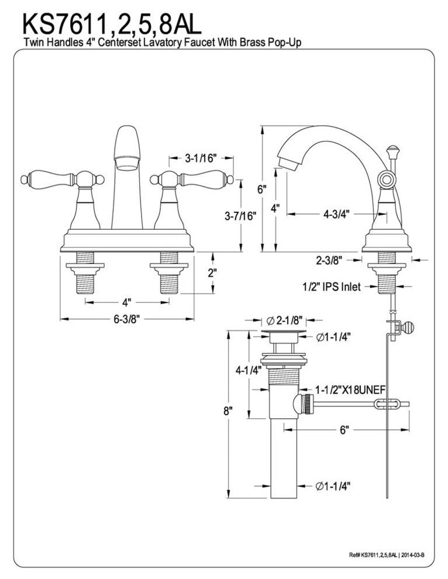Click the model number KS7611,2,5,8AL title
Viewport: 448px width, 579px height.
point(112,24)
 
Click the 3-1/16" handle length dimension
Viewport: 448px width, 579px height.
point(200,158)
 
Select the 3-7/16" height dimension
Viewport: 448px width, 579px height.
point(240,216)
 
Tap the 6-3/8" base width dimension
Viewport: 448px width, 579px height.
point(127,319)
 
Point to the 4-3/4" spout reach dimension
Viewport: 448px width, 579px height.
point(336,214)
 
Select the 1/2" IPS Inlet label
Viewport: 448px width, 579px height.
point(331,287)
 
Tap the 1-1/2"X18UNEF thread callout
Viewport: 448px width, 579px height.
point(350,390)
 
